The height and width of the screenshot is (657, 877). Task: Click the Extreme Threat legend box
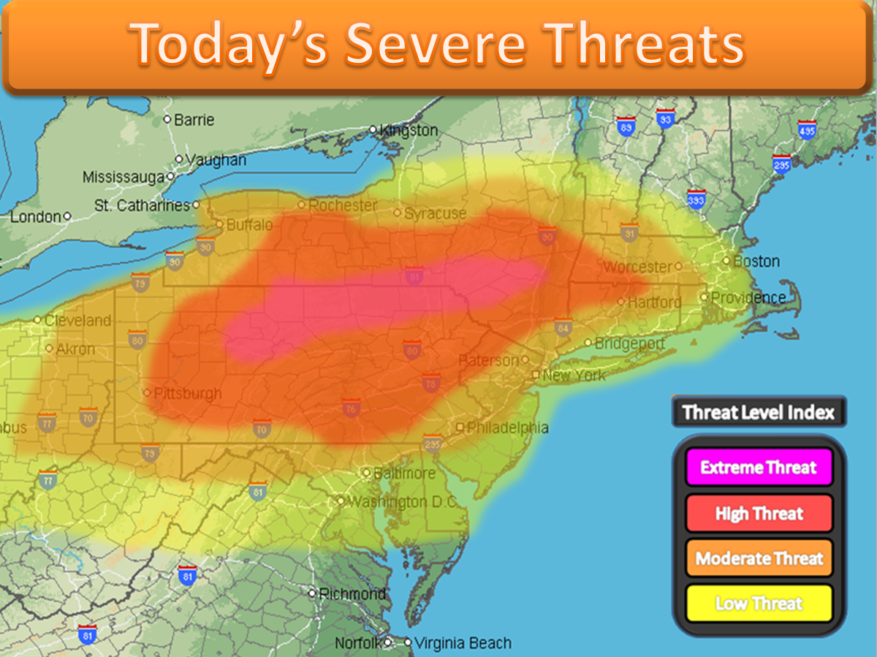pyautogui.click(x=759, y=468)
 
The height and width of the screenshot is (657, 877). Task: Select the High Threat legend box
pyautogui.click(x=759, y=513)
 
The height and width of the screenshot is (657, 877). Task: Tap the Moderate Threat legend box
pyautogui.click(x=759, y=559)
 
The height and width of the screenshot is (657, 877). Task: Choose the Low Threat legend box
pyautogui.click(x=759, y=604)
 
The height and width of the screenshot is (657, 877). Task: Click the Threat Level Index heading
pyautogui.click(x=758, y=412)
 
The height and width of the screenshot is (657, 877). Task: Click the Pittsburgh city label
pyautogui.click(x=188, y=394)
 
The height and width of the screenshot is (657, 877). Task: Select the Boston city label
pyautogui.click(x=756, y=261)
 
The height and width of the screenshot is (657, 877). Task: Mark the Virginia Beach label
pyautogui.click(x=462, y=643)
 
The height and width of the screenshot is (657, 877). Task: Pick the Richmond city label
pyautogui.click(x=352, y=593)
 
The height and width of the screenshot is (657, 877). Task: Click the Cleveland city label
pyautogui.click(x=77, y=320)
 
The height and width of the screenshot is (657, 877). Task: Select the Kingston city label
pyautogui.click(x=408, y=130)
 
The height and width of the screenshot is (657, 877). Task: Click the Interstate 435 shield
pyautogui.click(x=807, y=129)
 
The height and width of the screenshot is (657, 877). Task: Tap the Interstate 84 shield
pyautogui.click(x=562, y=327)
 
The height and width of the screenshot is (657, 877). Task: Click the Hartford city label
pyautogui.click(x=654, y=302)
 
